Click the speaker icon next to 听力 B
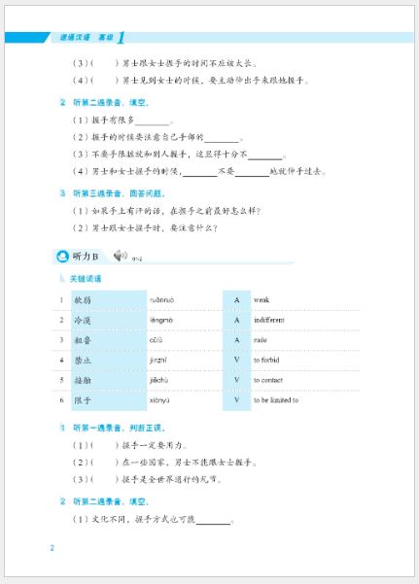[120, 256]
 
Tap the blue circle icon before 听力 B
[63, 257]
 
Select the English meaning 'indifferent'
[270, 320]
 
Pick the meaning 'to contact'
[270, 380]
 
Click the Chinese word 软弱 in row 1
[82, 299]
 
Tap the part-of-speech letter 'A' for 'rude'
[236, 340]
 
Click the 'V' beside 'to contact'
[236, 380]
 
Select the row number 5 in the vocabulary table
[60, 380]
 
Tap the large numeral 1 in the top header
[120, 38]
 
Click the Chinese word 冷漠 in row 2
[82, 320]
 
